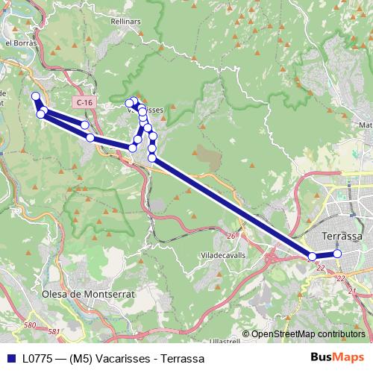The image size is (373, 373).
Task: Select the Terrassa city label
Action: pos(342,236)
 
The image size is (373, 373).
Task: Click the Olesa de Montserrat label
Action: pos(88,294)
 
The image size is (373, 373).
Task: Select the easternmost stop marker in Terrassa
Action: pos(337,254)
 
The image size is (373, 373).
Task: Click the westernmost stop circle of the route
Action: pos(35,95)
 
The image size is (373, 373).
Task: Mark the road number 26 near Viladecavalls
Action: pos(231,236)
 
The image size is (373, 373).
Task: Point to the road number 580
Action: pos(30,325)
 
